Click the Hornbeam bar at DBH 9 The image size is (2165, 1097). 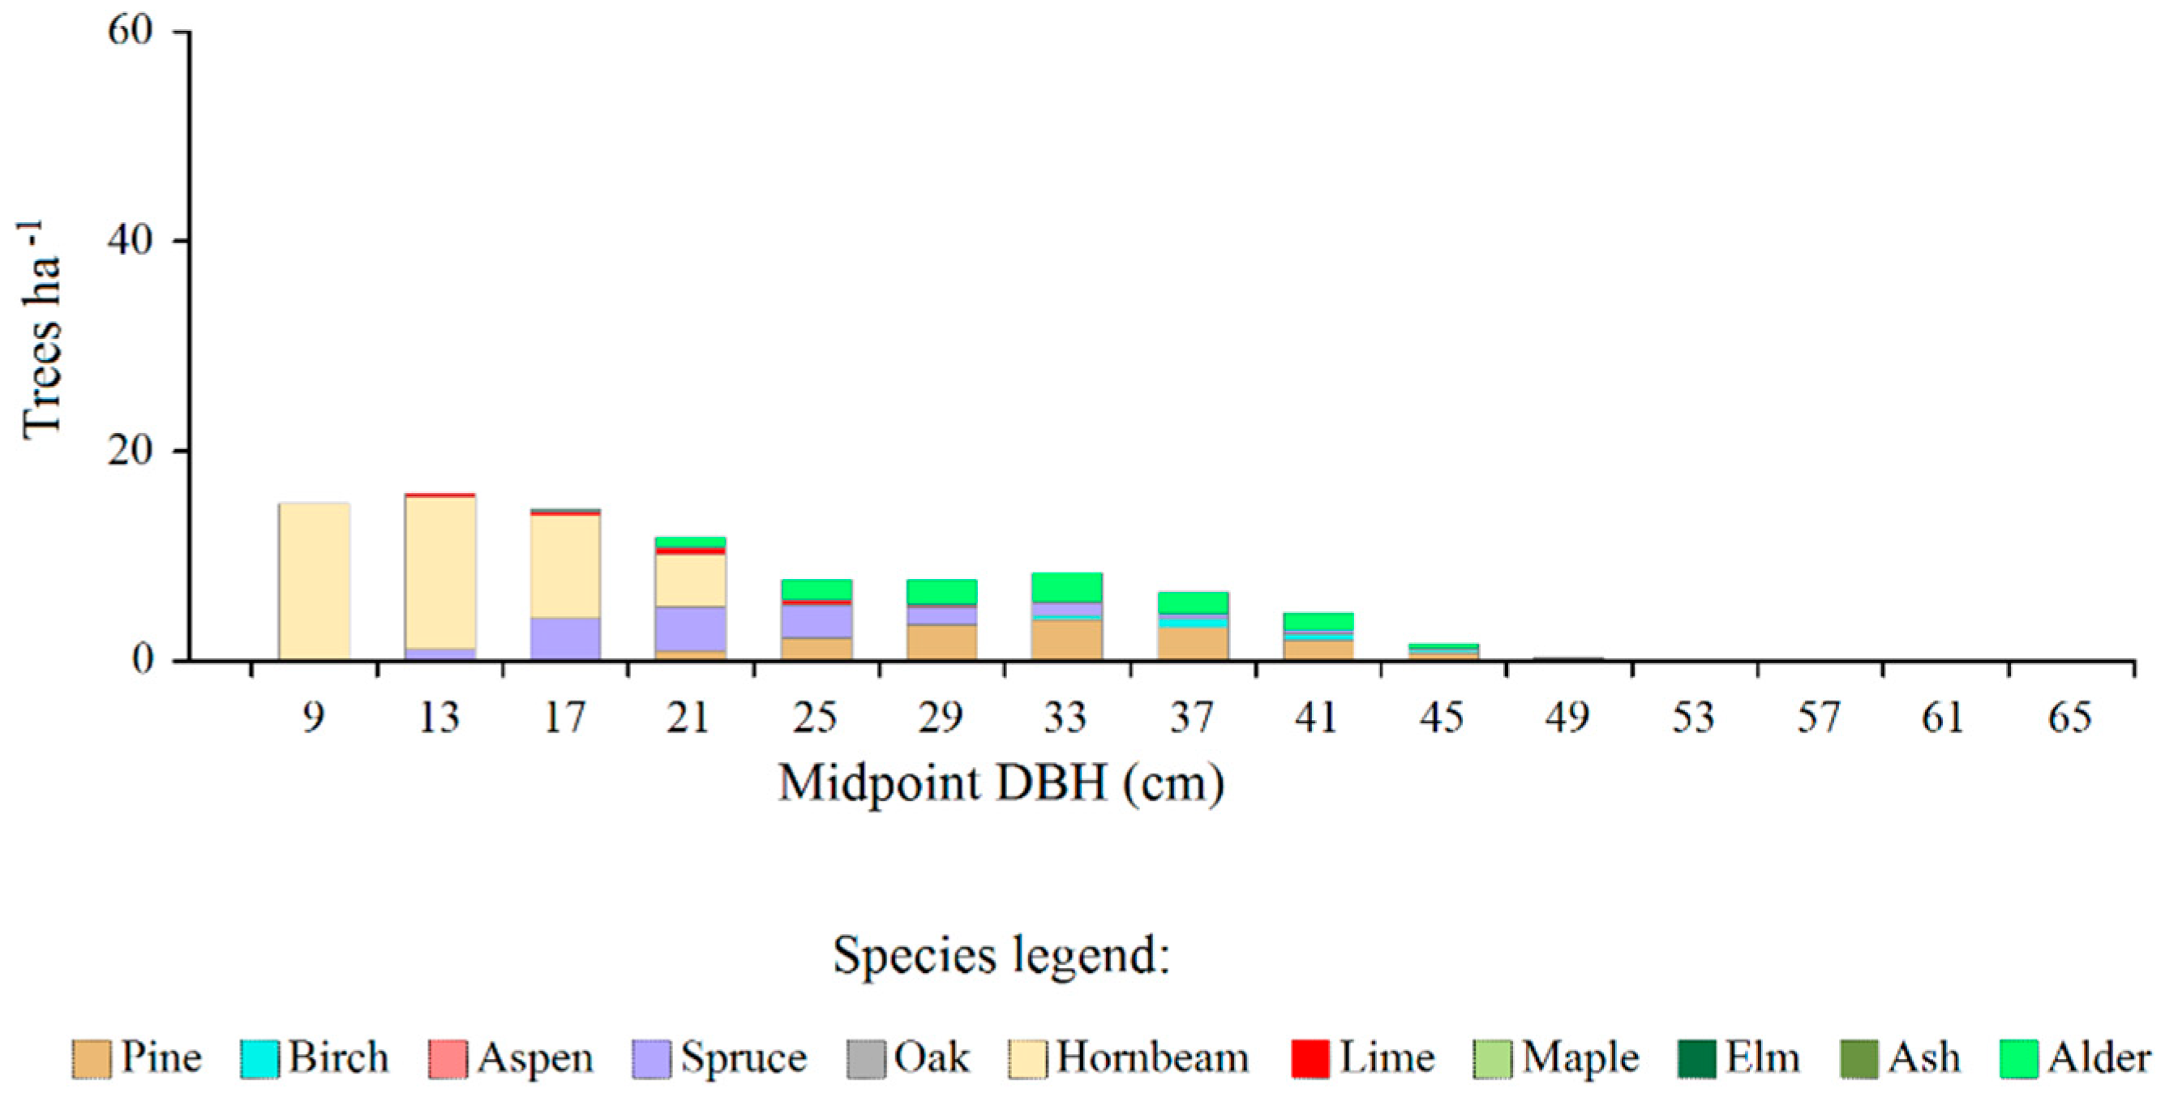click(314, 581)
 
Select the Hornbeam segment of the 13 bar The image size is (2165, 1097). click(439, 572)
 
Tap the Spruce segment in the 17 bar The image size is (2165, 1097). click(565, 639)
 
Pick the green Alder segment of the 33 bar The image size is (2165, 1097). click(1066, 588)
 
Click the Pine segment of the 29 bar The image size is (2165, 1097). click(941, 642)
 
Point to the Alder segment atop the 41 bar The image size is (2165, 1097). click(1318, 621)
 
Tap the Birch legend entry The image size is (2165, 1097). click(315, 1058)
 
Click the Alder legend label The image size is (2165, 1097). click(2099, 1058)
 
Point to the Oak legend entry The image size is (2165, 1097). click(908, 1058)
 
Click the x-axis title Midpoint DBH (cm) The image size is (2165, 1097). click(1001, 783)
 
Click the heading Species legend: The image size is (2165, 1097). click(1001, 956)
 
